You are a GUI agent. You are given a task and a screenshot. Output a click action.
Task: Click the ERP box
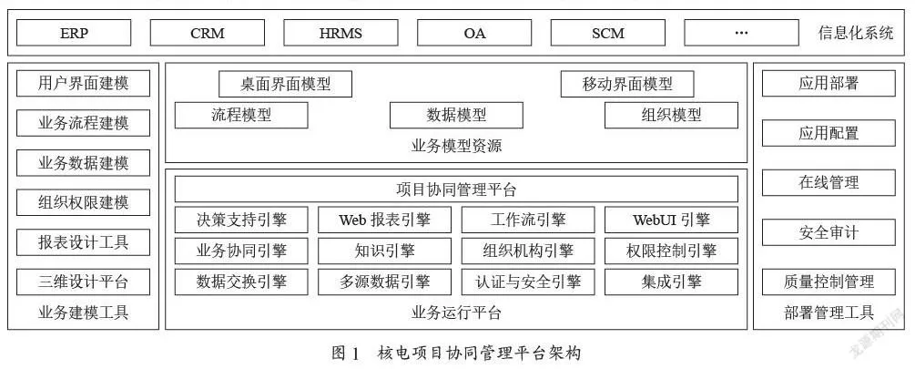[x=74, y=33]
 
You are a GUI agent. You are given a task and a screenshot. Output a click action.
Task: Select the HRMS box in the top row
[x=341, y=33]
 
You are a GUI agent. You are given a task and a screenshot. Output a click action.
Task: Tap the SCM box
[x=607, y=33]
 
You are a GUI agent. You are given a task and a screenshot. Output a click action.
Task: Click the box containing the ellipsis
[x=741, y=33]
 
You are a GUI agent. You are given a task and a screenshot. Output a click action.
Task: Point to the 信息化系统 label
[x=856, y=33]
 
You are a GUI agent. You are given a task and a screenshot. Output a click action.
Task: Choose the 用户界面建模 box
[x=83, y=84]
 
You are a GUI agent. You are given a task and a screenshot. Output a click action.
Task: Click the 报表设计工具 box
[x=83, y=241]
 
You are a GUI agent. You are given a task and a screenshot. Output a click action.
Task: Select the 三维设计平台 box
[x=83, y=282]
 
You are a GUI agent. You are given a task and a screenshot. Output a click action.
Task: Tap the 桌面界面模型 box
[x=285, y=84]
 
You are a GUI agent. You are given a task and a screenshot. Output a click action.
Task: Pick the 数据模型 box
[x=456, y=115]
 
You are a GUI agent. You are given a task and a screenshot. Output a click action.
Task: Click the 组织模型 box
[x=671, y=115]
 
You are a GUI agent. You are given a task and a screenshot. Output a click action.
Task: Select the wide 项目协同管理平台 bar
[x=456, y=190]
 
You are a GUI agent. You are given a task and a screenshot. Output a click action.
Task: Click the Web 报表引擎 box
[x=384, y=220]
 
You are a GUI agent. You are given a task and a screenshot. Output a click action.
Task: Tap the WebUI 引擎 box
[x=671, y=220]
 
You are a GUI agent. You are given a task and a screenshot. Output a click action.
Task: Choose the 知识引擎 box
[x=384, y=251]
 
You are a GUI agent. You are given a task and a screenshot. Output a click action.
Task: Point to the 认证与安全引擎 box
[x=528, y=282]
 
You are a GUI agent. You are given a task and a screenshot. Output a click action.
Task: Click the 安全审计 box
[x=829, y=232]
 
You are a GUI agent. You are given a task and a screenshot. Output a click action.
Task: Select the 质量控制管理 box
[x=829, y=282]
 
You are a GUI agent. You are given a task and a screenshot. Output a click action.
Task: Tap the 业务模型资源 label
[x=456, y=146]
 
